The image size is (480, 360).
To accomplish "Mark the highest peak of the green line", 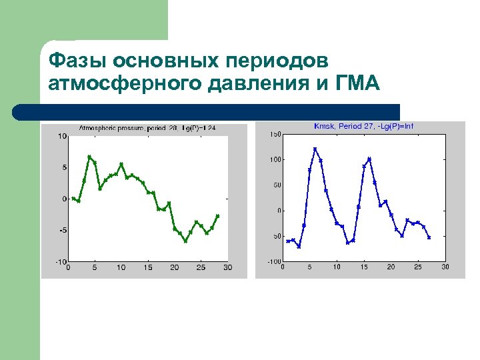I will click(x=89, y=157).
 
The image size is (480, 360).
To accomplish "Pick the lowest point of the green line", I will click(x=185, y=241).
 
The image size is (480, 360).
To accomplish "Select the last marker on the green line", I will click(x=217, y=216).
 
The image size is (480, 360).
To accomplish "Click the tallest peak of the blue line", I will click(x=315, y=149).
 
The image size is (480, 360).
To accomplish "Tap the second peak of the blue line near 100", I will click(x=369, y=159).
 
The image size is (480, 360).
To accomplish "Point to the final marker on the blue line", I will click(x=429, y=237).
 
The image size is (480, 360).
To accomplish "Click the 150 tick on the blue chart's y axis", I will click(x=275, y=135).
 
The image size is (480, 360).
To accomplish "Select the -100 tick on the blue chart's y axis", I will click(x=274, y=262).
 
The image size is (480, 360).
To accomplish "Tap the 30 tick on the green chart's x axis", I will click(x=227, y=268).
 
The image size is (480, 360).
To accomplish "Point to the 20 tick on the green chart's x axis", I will click(x=174, y=268).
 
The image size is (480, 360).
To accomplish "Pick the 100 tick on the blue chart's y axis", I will click(x=275, y=160).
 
